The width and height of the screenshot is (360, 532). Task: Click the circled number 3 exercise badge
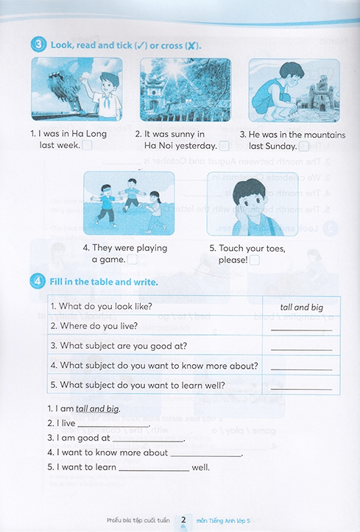[39, 45]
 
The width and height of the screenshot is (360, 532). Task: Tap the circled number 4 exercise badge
[39, 281]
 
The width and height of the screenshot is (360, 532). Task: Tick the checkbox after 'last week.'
[87, 146]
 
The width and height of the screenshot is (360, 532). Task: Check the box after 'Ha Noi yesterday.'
[225, 146]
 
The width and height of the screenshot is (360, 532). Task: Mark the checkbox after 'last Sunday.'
[304, 146]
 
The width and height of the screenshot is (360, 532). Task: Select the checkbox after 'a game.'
[133, 260]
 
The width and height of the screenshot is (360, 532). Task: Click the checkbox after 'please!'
[255, 260]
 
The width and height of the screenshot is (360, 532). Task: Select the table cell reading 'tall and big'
[302, 307]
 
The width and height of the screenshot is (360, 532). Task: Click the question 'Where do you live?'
[96, 325]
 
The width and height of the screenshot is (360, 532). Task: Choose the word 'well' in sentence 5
[201, 467]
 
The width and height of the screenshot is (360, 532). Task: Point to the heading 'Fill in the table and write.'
[105, 281]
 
